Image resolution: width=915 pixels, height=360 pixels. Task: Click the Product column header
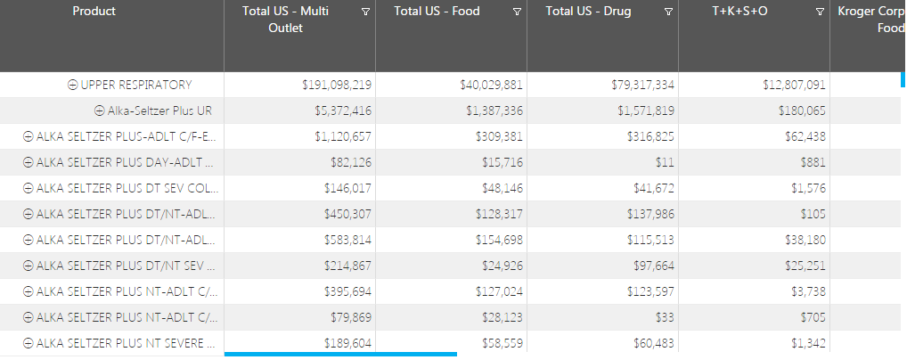pyautogui.click(x=94, y=12)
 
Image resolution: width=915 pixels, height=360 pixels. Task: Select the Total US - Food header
pyautogui.click(x=437, y=12)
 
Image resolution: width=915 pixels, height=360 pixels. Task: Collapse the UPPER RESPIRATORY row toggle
pyautogui.click(x=73, y=85)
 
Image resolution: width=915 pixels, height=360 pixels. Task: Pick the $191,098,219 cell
pyautogui.click(x=337, y=85)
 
